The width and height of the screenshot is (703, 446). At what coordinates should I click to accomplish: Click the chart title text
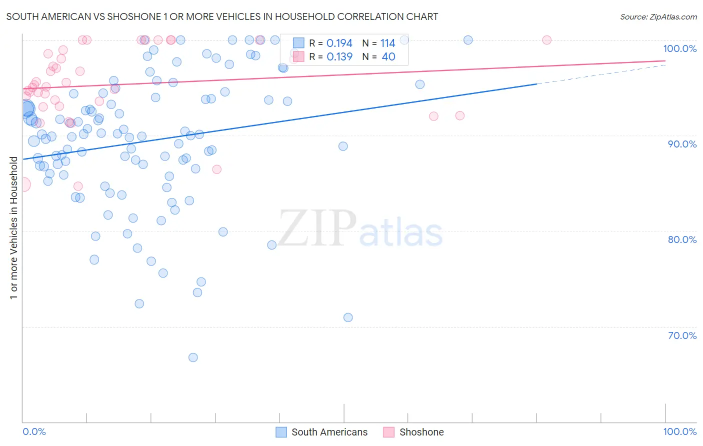click(222, 16)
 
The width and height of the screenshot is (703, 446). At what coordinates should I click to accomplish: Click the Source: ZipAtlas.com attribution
click(658, 16)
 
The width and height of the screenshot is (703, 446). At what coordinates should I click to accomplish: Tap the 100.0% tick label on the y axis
click(679, 48)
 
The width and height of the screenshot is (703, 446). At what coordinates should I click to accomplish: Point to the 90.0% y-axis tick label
click(682, 144)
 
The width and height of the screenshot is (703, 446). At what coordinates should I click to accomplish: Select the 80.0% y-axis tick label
click(682, 239)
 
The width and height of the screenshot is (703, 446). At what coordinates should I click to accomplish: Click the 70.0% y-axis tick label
click(682, 335)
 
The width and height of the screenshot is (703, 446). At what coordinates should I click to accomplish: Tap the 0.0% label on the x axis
click(34, 431)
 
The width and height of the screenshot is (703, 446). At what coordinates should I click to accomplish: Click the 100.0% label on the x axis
click(679, 431)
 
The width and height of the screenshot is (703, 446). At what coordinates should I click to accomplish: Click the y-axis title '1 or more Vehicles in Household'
click(13, 228)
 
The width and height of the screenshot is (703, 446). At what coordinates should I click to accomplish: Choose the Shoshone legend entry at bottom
click(413, 432)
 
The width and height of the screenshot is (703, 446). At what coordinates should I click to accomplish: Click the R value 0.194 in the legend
click(339, 43)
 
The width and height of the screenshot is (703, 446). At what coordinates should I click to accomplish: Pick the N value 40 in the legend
click(388, 57)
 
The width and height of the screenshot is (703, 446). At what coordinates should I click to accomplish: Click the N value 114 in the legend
click(387, 43)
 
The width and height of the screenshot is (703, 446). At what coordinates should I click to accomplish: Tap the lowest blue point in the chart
click(193, 357)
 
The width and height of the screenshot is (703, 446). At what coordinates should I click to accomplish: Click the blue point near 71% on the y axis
click(348, 317)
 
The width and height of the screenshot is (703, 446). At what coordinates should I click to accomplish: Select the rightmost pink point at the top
click(546, 40)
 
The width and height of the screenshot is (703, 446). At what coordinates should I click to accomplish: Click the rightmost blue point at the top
click(468, 40)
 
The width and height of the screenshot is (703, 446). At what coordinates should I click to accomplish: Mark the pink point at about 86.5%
click(216, 169)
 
